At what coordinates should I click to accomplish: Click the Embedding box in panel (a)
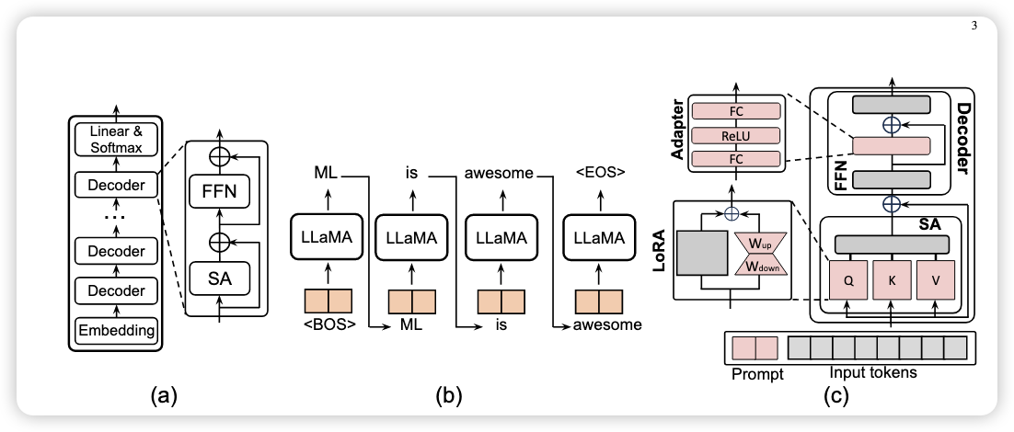click(116, 328)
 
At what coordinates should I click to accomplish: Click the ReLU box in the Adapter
click(735, 135)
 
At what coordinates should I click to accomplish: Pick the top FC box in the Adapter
click(735, 110)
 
